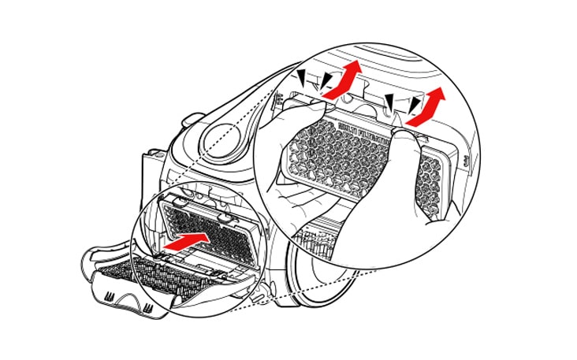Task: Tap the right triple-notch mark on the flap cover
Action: coord(147,310)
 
